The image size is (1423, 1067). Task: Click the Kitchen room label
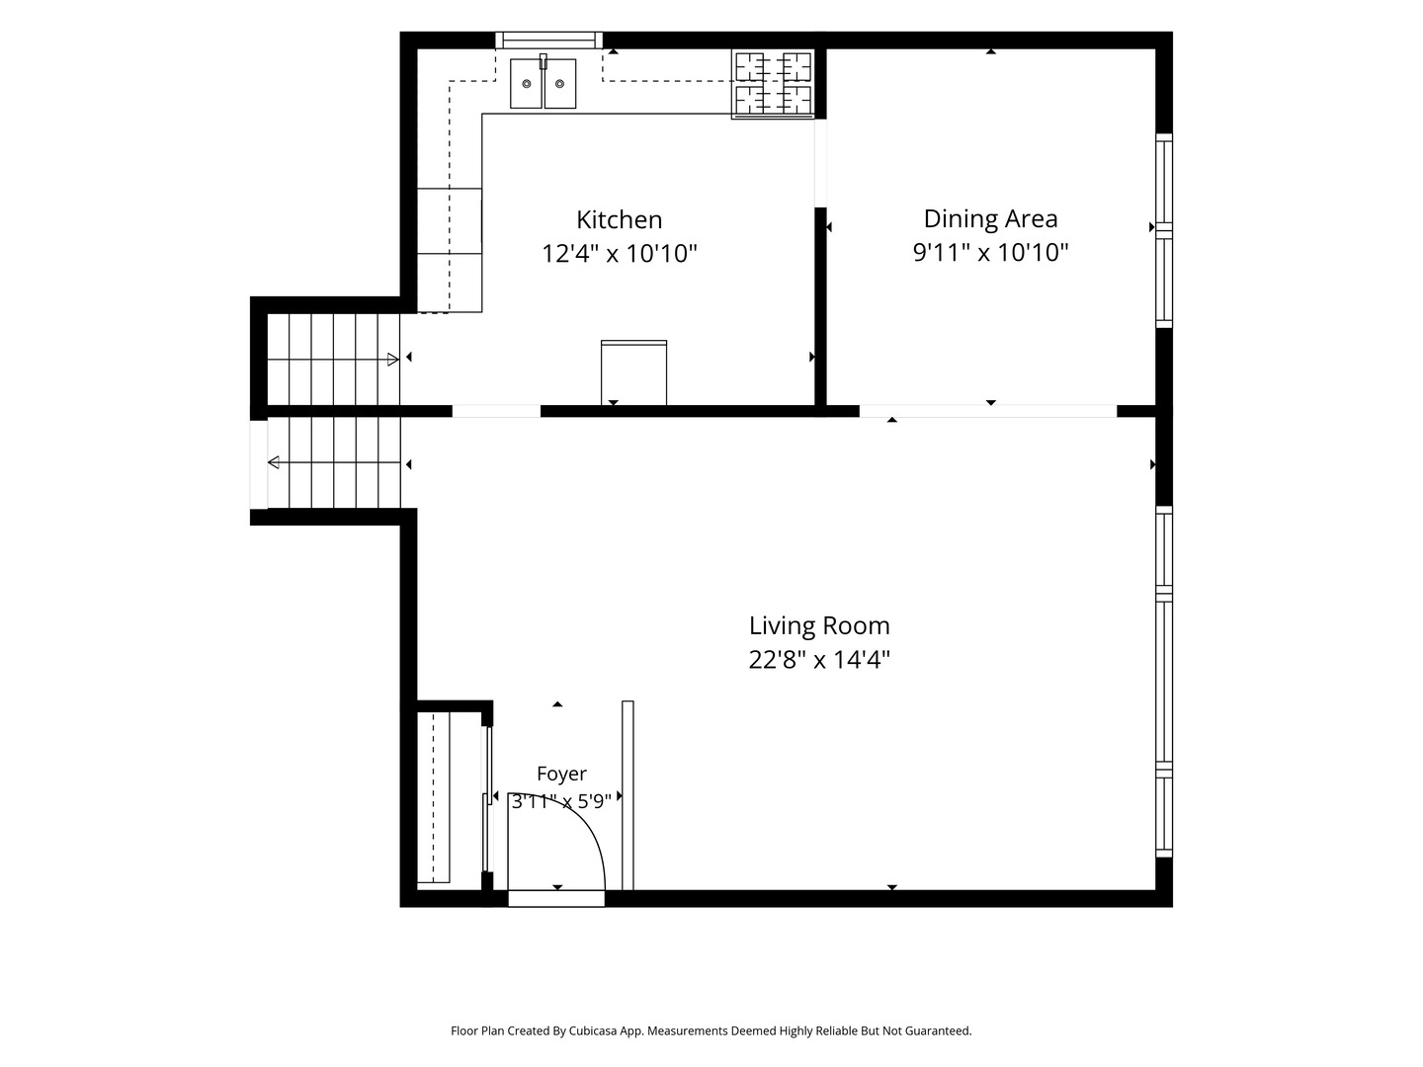point(620,219)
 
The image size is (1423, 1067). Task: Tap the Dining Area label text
point(990,219)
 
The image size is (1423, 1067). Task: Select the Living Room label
point(819,625)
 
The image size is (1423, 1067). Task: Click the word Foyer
point(561,774)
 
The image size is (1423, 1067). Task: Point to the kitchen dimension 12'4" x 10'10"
point(620,253)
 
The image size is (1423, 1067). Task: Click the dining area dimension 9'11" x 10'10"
point(990,252)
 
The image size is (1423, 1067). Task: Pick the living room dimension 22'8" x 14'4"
point(819,660)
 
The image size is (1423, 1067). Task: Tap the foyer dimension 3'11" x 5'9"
point(561,801)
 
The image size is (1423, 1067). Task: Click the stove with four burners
point(773,84)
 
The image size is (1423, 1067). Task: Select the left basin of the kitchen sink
point(526,84)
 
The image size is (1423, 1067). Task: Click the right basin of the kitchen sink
point(559,84)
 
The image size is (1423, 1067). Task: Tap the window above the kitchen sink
point(549,41)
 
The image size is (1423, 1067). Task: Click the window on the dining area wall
point(1164,230)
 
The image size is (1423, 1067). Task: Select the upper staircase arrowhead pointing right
point(393,360)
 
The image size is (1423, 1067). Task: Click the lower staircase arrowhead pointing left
point(274,462)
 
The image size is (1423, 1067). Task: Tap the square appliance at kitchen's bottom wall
point(633,372)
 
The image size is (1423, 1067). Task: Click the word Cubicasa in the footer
point(593,1030)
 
